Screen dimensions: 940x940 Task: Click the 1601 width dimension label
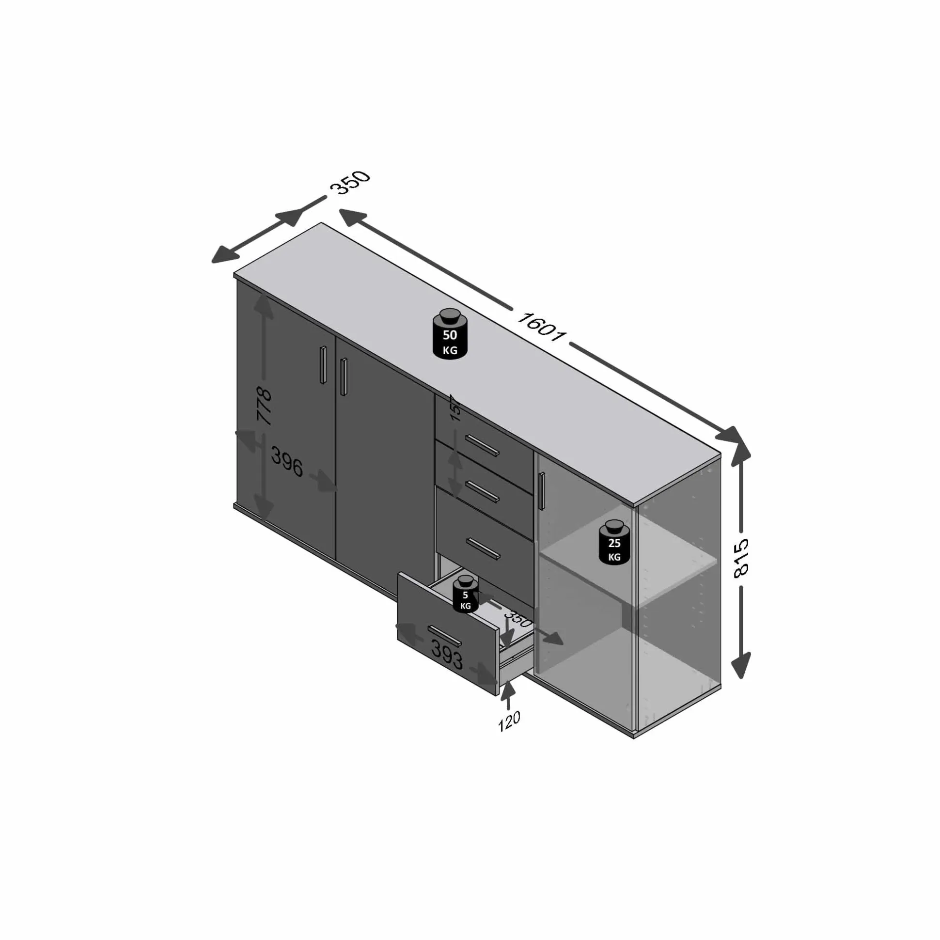pyautogui.click(x=541, y=327)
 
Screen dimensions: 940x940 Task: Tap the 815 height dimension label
pyautogui.click(x=741, y=558)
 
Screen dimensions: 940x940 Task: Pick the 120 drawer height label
pyautogui.click(x=509, y=721)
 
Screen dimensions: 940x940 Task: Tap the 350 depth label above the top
pyautogui.click(x=350, y=183)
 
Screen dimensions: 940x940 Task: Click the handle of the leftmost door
pyautogui.click(x=323, y=364)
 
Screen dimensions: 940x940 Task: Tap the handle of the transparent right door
pyautogui.click(x=542, y=490)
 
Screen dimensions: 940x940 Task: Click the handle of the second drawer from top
pyautogui.click(x=483, y=491)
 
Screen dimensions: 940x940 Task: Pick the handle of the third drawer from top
pyautogui.click(x=483, y=548)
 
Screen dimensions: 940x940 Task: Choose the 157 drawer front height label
pyautogui.click(x=455, y=407)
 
